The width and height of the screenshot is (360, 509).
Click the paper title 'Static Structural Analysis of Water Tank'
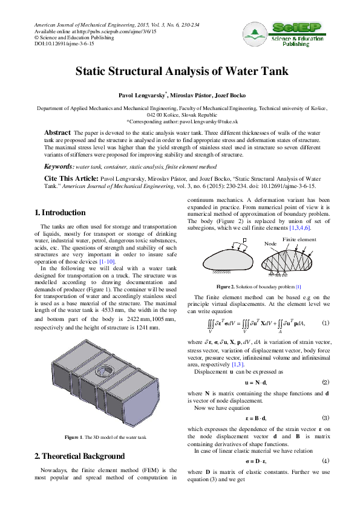pos(180,71)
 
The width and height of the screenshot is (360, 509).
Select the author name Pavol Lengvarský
pos(142,96)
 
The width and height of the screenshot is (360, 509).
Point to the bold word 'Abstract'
pos(57,132)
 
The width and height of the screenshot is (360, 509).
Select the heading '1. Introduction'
pos(60,213)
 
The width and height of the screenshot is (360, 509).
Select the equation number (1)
pos(326,323)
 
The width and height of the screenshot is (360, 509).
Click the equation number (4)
pos(326,460)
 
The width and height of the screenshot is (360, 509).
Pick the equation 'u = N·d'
pos(257,383)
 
